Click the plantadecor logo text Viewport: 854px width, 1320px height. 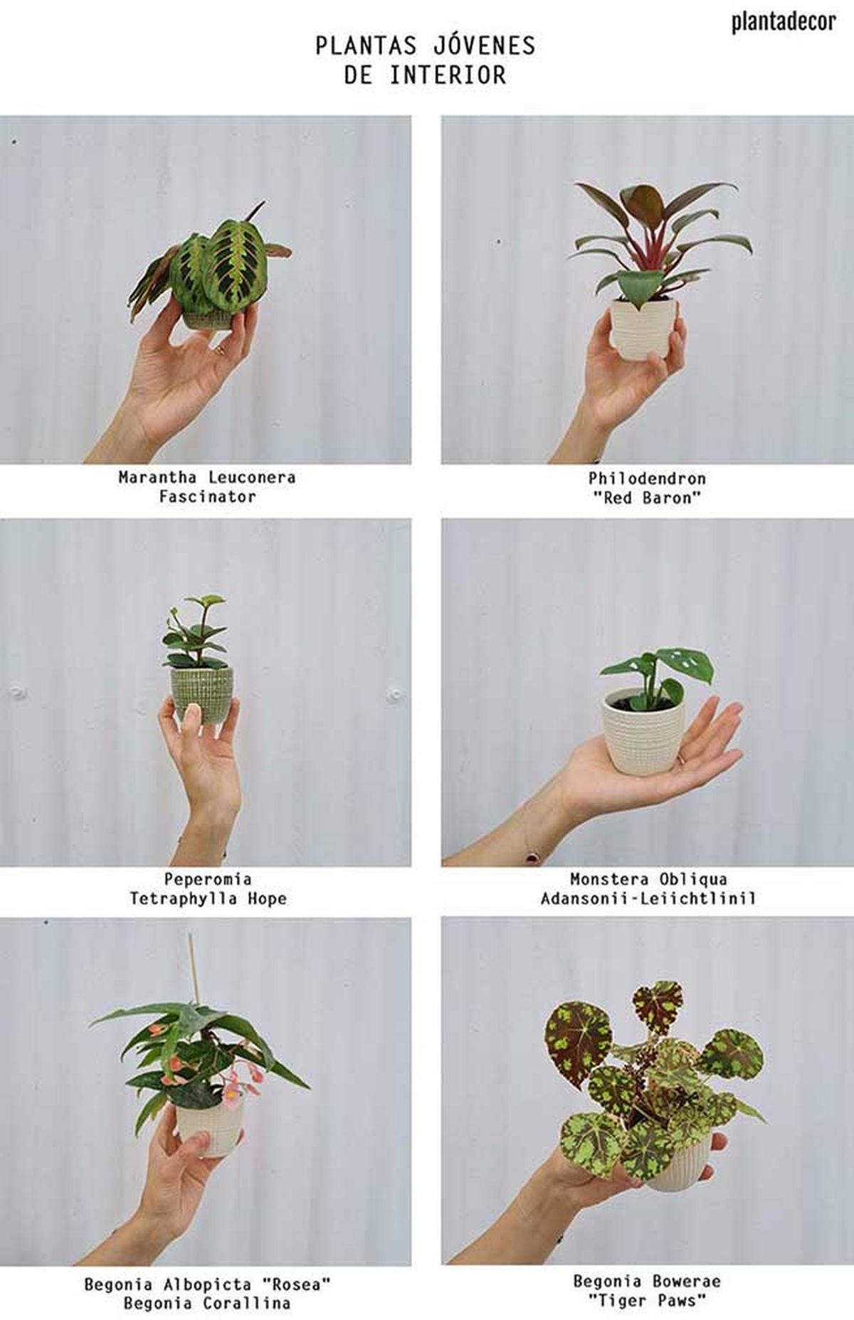(783, 22)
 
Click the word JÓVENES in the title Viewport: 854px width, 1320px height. (483, 46)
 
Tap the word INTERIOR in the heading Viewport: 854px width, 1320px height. (448, 75)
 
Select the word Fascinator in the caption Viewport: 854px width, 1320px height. (207, 496)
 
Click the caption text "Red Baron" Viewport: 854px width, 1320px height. (646, 498)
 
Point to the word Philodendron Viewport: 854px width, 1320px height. (646, 478)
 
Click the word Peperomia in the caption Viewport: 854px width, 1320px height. (207, 879)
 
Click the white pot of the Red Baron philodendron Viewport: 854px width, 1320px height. (644, 327)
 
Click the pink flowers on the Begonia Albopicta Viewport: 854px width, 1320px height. (231, 1085)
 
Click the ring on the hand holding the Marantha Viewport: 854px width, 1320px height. (221, 350)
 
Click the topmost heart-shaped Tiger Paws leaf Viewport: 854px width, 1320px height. (658, 1006)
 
